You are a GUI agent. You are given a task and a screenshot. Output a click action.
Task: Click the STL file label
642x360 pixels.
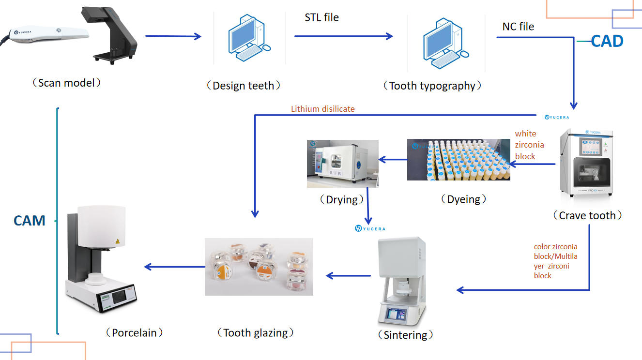321,18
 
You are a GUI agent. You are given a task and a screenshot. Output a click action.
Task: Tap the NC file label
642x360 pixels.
518,27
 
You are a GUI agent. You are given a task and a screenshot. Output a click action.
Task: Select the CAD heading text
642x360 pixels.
607,41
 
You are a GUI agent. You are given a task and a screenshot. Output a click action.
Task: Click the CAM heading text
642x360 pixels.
30,221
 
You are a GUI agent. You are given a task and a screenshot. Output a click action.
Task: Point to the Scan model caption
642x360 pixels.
66,83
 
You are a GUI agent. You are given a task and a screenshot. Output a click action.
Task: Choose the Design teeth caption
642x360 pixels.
243,86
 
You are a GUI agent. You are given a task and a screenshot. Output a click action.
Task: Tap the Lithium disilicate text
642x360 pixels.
322,109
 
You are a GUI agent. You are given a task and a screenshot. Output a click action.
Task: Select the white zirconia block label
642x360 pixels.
529,145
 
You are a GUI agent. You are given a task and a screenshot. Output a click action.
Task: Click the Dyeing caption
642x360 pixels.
463,199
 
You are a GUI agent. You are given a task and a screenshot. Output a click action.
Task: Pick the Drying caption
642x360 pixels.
342,199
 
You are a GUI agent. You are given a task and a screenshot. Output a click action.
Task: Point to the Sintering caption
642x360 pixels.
405,335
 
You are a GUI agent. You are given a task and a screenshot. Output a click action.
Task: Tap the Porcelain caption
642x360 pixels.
134,333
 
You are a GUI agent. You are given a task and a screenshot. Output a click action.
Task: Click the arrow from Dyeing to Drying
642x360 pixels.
393,159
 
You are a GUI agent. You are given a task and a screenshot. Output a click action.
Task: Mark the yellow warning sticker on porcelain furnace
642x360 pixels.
117,240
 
